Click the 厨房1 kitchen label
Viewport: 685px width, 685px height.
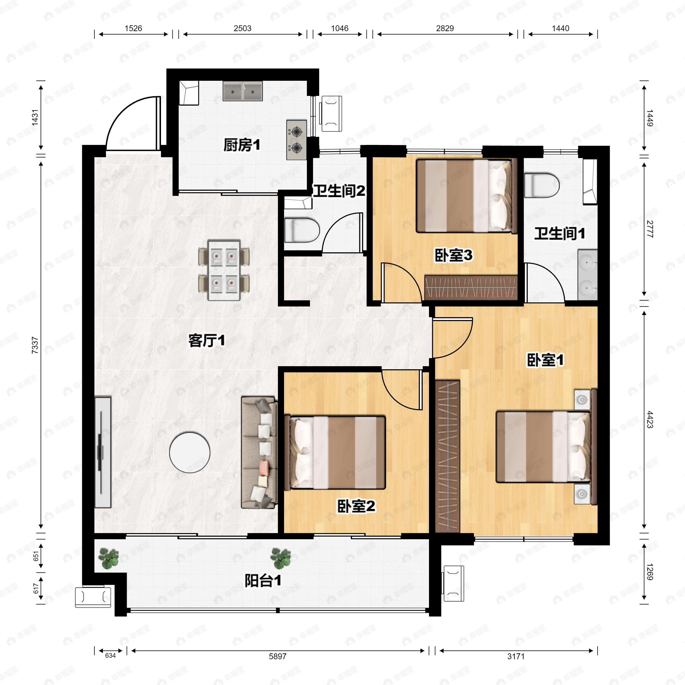pyautogui.click(x=242, y=145)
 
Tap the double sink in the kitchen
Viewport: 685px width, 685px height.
pyautogui.click(x=243, y=91)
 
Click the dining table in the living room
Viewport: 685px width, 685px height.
pyautogui.click(x=224, y=270)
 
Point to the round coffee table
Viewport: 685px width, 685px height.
pyautogui.click(x=190, y=452)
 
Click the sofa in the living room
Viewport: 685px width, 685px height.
pyautogui.click(x=259, y=453)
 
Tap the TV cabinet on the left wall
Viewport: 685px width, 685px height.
pyautogui.click(x=103, y=452)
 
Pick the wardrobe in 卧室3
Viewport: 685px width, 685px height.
pyautogui.click(x=470, y=287)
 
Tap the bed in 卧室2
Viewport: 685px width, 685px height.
pyautogui.click(x=337, y=453)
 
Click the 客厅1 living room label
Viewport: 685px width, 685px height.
pyautogui.click(x=207, y=341)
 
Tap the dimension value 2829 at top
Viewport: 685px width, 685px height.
pyautogui.click(x=445, y=28)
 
